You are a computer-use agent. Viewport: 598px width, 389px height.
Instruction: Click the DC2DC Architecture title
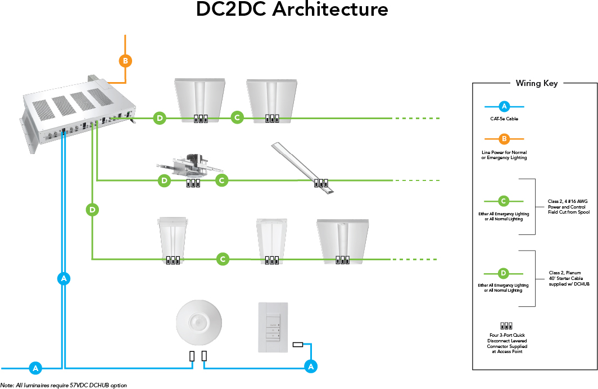coord(292,10)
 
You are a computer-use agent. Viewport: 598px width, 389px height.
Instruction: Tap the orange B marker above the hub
coord(125,61)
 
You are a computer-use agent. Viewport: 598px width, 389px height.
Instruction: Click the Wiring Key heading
coord(537,83)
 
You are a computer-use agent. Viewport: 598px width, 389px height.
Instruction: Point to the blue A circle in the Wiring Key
coord(504,106)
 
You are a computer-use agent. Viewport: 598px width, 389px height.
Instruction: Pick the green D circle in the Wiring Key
coord(504,274)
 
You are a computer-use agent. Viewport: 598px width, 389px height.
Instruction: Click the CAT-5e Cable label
coord(504,119)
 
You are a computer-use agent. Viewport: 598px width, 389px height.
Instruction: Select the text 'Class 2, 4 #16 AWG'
coord(568,201)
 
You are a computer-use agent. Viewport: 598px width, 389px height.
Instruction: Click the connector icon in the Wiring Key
coord(505,325)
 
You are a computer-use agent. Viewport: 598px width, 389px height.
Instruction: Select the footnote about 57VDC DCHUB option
coord(64,385)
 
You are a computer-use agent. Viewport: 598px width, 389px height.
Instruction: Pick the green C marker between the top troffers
coord(237,117)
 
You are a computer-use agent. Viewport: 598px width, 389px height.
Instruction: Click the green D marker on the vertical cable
coord(92,210)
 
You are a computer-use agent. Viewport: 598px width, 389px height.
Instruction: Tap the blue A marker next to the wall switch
coord(310,367)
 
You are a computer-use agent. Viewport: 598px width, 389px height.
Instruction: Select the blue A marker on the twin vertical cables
coord(64,278)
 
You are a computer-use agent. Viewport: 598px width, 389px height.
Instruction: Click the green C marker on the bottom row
coord(223,259)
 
